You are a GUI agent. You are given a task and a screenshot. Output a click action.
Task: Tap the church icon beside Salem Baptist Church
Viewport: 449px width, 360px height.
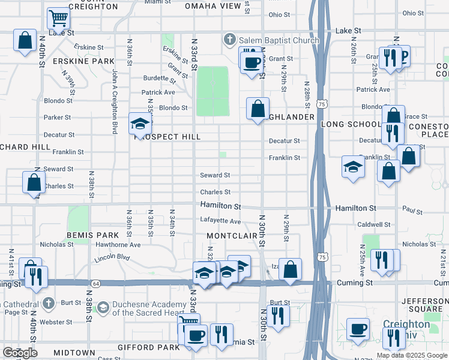pos(229,40)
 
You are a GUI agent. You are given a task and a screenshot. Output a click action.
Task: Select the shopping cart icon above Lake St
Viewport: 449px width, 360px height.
pos(58,19)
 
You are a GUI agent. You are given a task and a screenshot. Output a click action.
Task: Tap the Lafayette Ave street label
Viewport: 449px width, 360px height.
pos(220,221)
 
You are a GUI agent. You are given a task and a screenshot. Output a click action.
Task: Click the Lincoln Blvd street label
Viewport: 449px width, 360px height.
pos(112,258)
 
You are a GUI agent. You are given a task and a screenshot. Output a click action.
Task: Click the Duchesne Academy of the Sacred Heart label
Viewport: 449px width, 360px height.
pos(149,308)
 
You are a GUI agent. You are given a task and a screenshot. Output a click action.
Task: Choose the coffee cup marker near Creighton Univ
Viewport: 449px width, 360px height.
pos(358,329)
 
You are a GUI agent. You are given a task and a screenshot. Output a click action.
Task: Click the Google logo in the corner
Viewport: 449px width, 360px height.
pos(20,353)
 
